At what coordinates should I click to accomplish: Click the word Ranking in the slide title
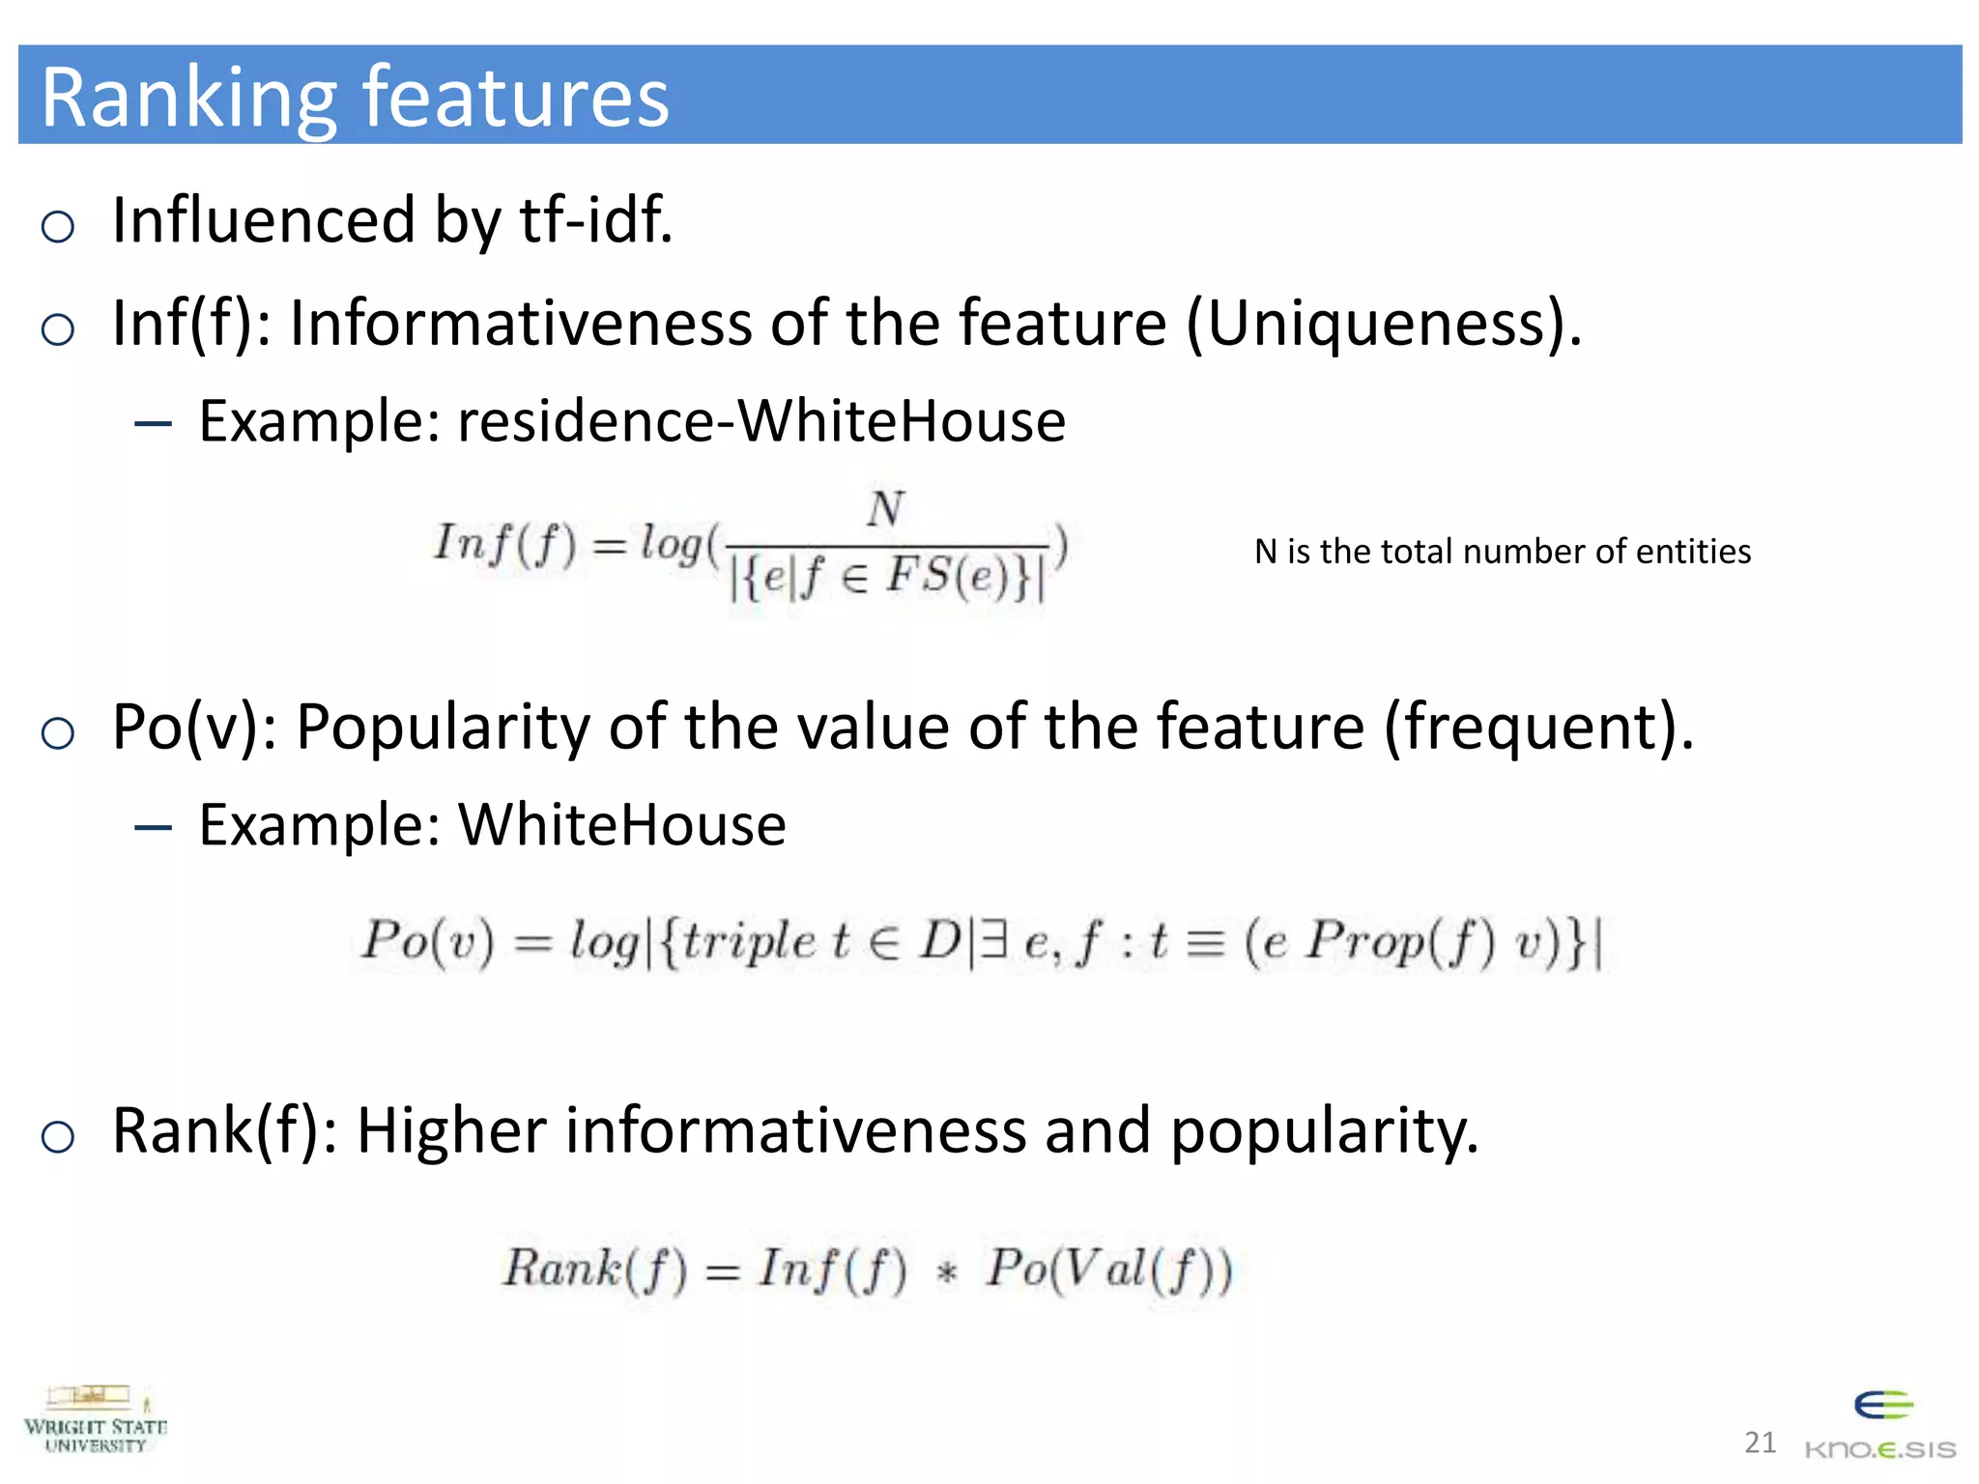coord(188,99)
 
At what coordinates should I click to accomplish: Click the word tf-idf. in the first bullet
coord(596,220)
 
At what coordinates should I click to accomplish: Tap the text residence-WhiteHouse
coord(761,421)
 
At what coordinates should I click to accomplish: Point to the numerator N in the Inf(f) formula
coord(885,509)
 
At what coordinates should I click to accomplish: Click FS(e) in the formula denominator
coord(953,577)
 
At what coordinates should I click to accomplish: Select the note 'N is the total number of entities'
coord(1502,552)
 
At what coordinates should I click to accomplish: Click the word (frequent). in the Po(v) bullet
coord(1538,727)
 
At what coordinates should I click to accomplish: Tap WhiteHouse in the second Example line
coord(622,825)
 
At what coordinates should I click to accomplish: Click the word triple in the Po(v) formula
coord(749,941)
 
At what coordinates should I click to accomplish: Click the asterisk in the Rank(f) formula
coord(947,1271)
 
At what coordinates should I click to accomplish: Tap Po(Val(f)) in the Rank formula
coord(1109,1270)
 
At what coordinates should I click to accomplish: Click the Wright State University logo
coord(95,1420)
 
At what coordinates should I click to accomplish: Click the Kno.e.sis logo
coord(1880,1426)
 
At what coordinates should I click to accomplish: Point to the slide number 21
coord(1760,1443)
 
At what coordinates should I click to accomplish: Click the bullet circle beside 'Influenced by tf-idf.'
coord(58,227)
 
